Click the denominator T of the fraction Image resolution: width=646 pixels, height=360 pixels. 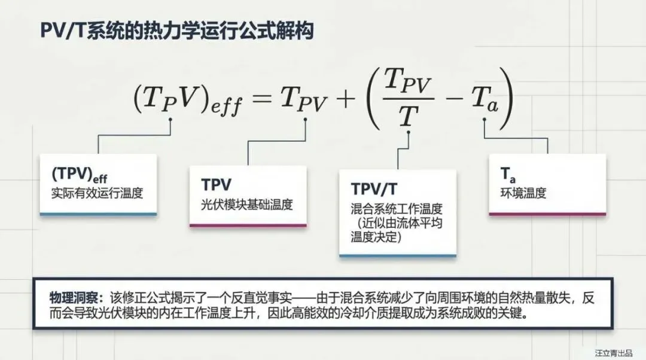(x=408, y=115)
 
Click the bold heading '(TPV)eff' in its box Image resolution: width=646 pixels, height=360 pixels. (x=80, y=175)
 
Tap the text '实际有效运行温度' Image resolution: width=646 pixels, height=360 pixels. (x=97, y=193)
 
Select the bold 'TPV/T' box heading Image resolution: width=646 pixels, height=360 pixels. (x=374, y=189)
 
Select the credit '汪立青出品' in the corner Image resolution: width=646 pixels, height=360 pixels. (x=613, y=353)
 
